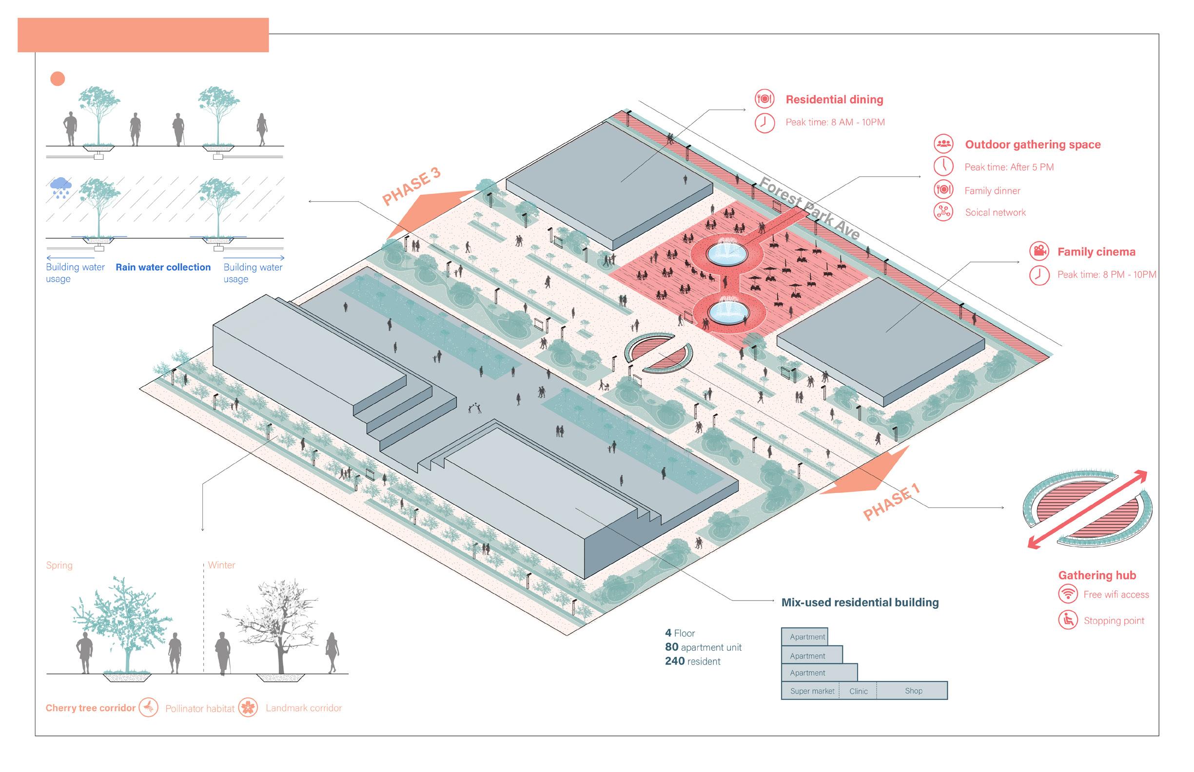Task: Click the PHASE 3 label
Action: pyautogui.click(x=411, y=187)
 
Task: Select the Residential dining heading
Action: pyautogui.click(x=834, y=99)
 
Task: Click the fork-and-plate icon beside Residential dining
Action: pyautogui.click(x=764, y=98)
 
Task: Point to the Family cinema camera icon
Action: pyautogui.click(x=1039, y=251)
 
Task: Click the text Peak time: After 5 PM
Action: pyautogui.click(x=1008, y=167)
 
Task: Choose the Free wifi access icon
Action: pyautogui.click(x=1068, y=594)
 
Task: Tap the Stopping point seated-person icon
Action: pyautogui.click(x=1068, y=620)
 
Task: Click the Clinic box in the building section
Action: pyautogui.click(x=858, y=691)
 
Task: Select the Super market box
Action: pyautogui.click(x=811, y=691)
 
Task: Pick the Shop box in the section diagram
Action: pyautogui.click(x=913, y=690)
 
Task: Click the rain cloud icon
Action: pyautogui.click(x=61, y=187)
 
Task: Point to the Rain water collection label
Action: pyautogui.click(x=163, y=267)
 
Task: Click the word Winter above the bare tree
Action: pyautogui.click(x=221, y=565)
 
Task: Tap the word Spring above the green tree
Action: pyautogui.click(x=59, y=565)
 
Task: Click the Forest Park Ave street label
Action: pyautogui.click(x=809, y=208)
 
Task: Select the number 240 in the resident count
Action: pyautogui.click(x=675, y=661)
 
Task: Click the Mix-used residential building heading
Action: pyautogui.click(x=860, y=602)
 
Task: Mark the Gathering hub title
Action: pyautogui.click(x=1096, y=575)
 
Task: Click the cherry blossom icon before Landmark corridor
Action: pyautogui.click(x=248, y=707)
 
